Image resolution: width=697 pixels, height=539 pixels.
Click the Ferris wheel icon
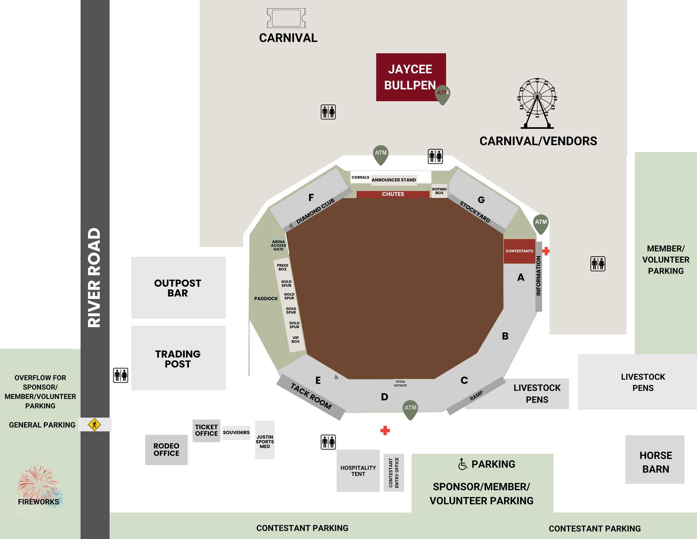pos(537,103)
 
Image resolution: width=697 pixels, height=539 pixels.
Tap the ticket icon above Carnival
pos(286,18)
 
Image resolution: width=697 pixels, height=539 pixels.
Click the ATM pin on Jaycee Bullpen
pos(443,93)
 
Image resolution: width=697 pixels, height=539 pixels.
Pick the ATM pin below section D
pos(410,409)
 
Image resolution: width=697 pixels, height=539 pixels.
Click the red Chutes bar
pos(393,194)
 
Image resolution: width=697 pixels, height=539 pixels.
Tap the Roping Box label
pos(439,191)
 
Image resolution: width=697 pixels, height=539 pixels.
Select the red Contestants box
pos(519,251)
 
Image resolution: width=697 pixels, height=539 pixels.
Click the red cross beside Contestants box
pos(546,251)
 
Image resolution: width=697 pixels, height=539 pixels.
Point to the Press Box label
pos(283,267)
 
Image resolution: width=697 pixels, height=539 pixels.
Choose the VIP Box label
pos(296,340)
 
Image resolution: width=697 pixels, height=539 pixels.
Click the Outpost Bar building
pos(178,288)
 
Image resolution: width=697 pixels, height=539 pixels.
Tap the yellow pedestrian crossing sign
pos(94,425)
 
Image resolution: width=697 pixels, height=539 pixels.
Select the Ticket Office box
pos(206,431)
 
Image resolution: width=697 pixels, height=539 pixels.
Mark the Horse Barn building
pos(655,459)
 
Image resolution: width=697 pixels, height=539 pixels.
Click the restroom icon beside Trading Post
pos(121,375)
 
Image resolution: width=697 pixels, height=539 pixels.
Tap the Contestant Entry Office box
pos(393,472)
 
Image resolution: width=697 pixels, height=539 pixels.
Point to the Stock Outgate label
pos(400,384)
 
